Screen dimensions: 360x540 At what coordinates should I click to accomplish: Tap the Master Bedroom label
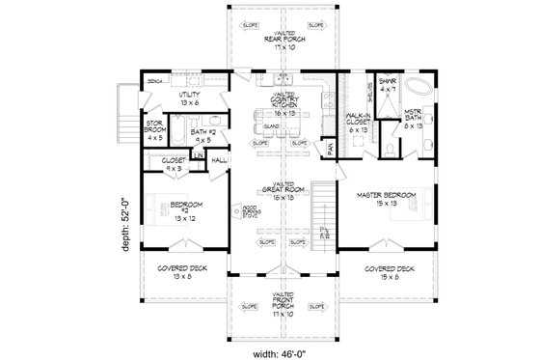(x=387, y=200)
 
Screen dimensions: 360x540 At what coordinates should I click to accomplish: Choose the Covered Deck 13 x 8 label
(x=175, y=271)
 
